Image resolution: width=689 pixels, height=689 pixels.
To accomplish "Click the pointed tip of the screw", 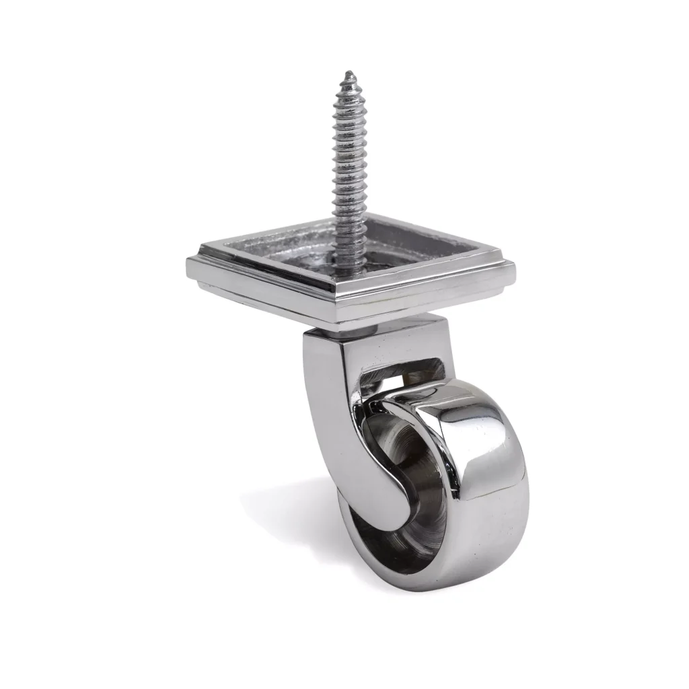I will [348, 73].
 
